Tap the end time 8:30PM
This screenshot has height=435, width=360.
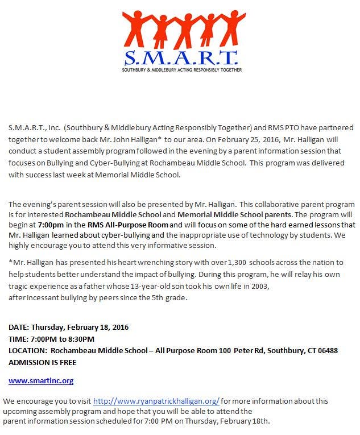click(81, 339)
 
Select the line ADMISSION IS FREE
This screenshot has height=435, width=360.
click(42, 362)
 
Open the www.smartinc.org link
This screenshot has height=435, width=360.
click(41, 380)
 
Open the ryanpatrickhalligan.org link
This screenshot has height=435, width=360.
click(156, 401)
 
